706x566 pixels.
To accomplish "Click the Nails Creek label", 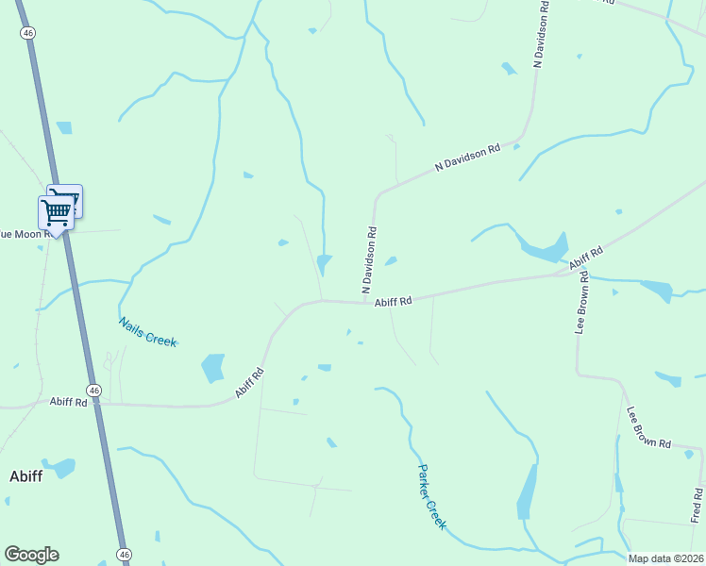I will [148, 331].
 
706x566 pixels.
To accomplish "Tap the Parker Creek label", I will [431, 497].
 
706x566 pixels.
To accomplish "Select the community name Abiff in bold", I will [25, 475].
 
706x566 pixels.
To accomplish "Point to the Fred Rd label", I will [697, 505].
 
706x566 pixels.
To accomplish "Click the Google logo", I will [31, 555].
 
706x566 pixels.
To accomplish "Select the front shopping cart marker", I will [56, 214].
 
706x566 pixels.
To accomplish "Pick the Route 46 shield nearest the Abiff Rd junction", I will [93, 390].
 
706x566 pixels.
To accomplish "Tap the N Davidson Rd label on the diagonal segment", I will [467, 158].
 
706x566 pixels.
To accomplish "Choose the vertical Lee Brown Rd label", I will [583, 303].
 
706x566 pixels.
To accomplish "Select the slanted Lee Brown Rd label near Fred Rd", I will [648, 427].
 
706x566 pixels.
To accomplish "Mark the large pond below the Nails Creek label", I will [213, 367].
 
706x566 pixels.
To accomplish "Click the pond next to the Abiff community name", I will [61, 467].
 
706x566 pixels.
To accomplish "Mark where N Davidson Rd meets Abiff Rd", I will [367, 303].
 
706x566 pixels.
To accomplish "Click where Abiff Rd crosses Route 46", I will [98, 405].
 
